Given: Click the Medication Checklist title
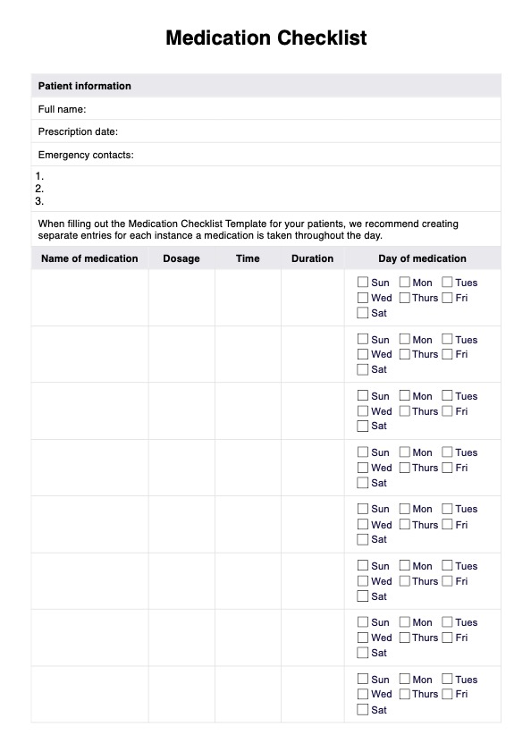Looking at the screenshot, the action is (x=265, y=38).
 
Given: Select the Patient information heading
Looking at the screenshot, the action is (x=84, y=86).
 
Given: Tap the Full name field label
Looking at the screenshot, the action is (x=62, y=109).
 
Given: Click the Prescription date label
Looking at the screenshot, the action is (x=78, y=132).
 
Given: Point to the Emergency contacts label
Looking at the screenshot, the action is (x=86, y=156).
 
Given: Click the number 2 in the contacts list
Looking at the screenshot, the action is (x=39, y=189).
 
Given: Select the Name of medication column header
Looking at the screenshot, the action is (x=89, y=258).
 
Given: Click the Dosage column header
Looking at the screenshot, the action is (x=181, y=258).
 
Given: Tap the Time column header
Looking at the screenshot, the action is (x=248, y=258).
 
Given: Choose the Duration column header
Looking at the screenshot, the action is (x=312, y=258).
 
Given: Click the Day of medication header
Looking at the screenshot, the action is (x=422, y=258).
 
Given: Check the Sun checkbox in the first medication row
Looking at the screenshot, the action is (x=363, y=283).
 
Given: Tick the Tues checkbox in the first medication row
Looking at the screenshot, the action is (x=447, y=283).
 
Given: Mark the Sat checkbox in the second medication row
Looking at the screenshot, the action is (x=363, y=369).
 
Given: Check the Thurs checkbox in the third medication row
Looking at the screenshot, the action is (x=405, y=411).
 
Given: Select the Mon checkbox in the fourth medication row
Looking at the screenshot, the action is (x=405, y=452).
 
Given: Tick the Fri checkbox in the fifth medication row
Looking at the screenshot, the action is (x=447, y=525).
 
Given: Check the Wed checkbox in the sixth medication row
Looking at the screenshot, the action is (x=363, y=581).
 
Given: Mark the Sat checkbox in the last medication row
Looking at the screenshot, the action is (x=363, y=710).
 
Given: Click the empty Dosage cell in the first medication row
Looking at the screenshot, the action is (x=181, y=298).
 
